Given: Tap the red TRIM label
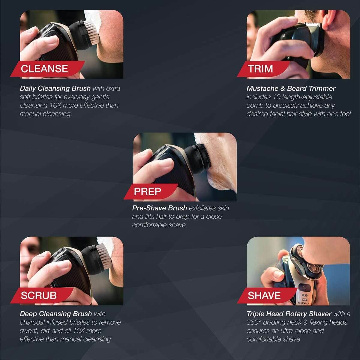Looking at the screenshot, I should (x=260, y=69).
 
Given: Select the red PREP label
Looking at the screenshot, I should (x=148, y=191).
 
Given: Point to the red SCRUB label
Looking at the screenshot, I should (x=39, y=295).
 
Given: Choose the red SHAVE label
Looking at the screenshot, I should (x=264, y=295).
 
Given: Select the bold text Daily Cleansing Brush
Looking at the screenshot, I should (x=55, y=88).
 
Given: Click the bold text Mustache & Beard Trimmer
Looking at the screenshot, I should (x=291, y=88).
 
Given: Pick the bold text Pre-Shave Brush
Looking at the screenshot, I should (x=159, y=208).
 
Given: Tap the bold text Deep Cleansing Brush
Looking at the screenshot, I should (x=56, y=314).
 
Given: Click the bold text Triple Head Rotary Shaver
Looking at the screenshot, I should (x=289, y=314).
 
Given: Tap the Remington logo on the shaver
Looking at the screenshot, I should (x=304, y=303).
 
